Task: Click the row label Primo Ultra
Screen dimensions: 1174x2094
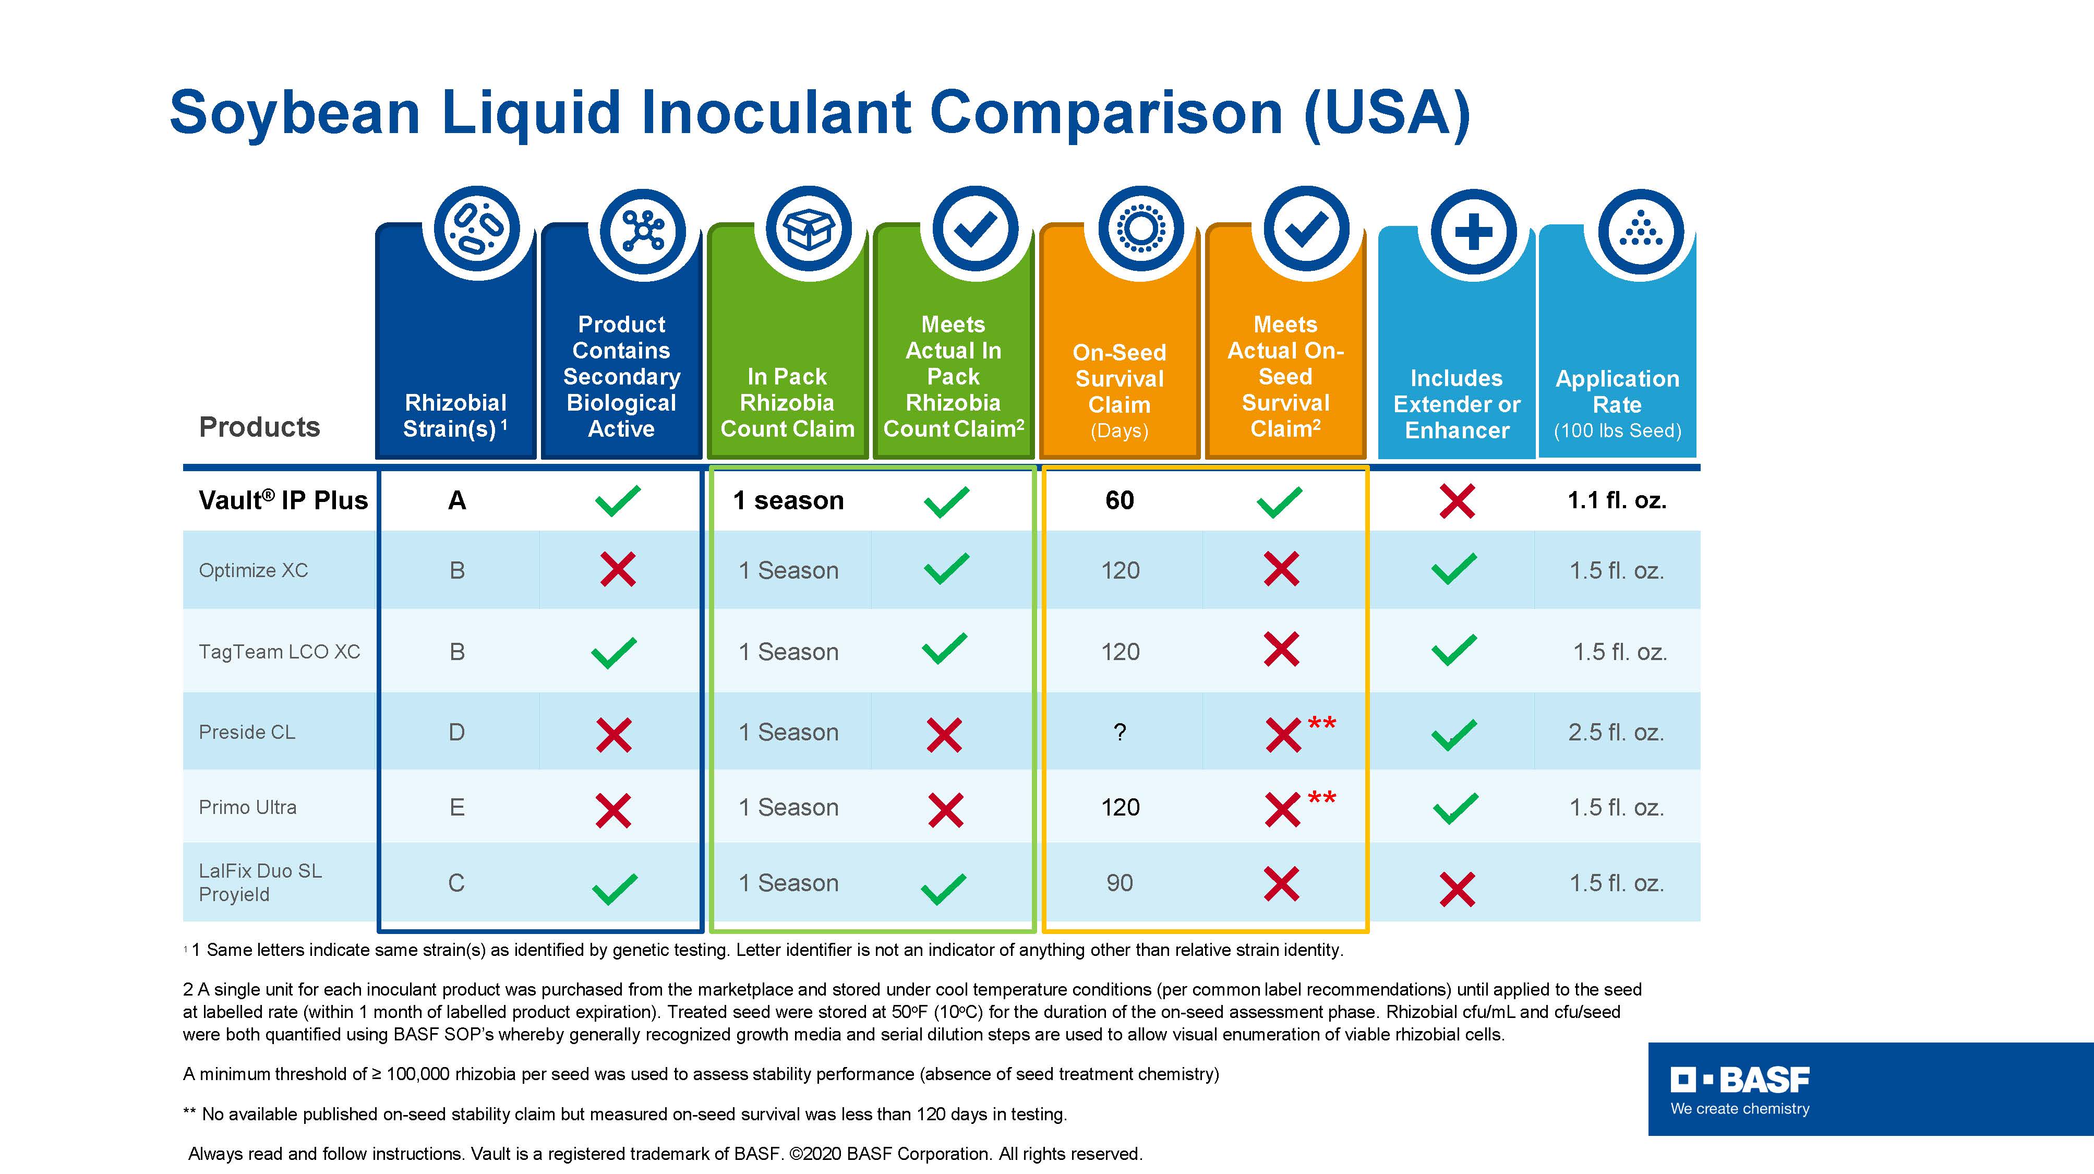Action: coord(248,807)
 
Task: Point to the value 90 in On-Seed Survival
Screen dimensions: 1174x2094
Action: coord(1120,883)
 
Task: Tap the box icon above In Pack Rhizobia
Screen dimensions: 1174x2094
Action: coord(809,230)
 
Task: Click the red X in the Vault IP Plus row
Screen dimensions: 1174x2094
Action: coord(1457,501)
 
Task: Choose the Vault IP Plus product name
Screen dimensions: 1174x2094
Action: coord(283,500)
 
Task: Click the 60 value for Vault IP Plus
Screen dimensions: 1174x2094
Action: coord(1120,500)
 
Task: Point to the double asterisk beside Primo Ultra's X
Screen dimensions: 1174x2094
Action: coord(1322,798)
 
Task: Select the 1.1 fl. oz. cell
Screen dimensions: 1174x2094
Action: coord(1617,500)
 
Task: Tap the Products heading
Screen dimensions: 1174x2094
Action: coord(259,427)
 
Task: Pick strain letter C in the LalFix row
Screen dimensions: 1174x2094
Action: coord(457,883)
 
